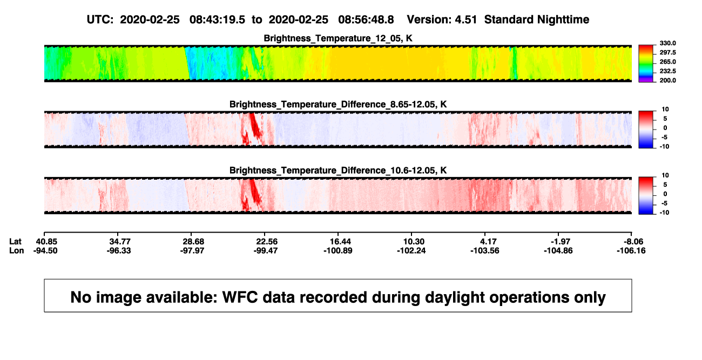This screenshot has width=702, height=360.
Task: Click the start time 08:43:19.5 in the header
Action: [x=217, y=19]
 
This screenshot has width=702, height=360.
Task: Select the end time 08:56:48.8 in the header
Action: [x=366, y=19]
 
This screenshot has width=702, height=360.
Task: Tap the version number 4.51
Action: [x=465, y=19]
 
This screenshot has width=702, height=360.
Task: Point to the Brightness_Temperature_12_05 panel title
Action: [x=338, y=38]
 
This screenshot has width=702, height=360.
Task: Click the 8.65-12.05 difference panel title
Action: [x=338, y=104]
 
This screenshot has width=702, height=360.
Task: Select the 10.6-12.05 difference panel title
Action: [x=338, y=171]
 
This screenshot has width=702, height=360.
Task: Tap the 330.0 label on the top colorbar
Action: [x=667, y=43]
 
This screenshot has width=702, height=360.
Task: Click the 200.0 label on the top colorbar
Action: [x=667, y=80]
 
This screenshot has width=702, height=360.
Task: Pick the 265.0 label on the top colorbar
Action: [x=667, y=62]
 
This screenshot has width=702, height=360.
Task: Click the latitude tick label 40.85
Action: [x=46, y=242]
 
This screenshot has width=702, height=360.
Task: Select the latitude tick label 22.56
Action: [x=267, y=242]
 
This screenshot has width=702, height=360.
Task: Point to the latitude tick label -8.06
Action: [x=633, y=242]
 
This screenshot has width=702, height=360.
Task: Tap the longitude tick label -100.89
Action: [x=338, y=250]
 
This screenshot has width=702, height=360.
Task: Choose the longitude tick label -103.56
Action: [x=485, y=250]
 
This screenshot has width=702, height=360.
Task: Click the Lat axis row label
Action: [x=15, y=242]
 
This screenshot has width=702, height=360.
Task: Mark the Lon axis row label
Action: [x=17, y=250]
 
